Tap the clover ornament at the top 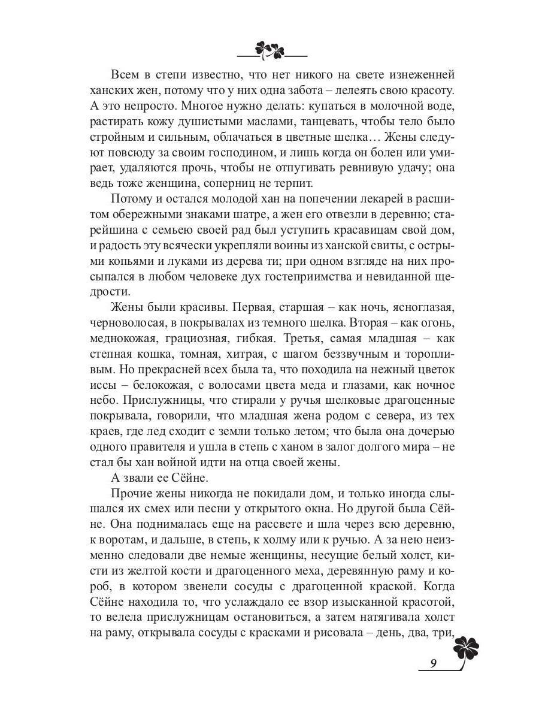pyautogui.click(x=270, y=50)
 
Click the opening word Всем pyautogui.click(x=126, y=75)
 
